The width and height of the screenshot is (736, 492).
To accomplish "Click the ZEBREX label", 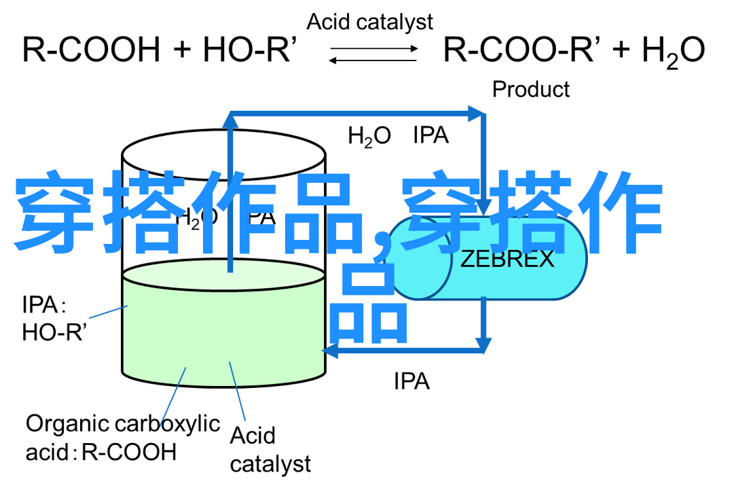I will (x=507, y=260).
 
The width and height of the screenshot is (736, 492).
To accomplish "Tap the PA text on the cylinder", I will (x=263, y=217).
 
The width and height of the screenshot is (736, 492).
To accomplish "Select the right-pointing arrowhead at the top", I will (x=477, y=113).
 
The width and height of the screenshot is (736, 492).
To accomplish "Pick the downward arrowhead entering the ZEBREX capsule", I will (x=483, y=207).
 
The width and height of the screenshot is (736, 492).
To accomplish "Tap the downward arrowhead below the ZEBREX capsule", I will (x=483, y=345).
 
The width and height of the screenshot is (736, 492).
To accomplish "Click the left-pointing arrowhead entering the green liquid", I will (x=330, y=351).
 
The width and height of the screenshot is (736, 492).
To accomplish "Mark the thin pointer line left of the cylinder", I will (x=107, y=312).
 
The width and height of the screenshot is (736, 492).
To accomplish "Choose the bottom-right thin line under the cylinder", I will (x=238, y=391).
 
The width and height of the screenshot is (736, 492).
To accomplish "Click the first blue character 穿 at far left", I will (x=54, y=212).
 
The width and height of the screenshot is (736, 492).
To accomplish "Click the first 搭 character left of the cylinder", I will (x=143, y=212).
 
